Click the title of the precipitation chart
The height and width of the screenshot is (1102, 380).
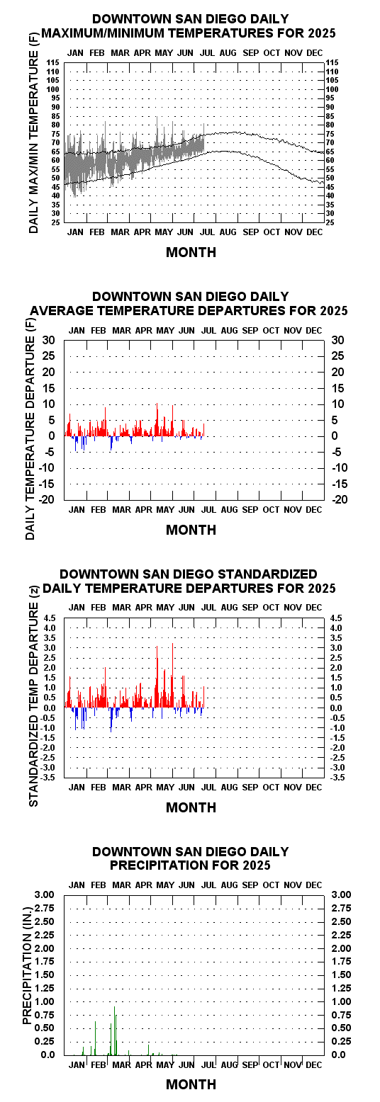tap(191, 858)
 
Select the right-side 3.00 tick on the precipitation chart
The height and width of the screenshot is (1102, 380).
tap(342, 894)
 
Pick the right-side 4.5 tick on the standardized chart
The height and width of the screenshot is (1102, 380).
tap(336, 618)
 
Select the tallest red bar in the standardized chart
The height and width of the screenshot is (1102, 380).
tap(172, 676)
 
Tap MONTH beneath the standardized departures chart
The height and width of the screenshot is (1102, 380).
tap(191, 807)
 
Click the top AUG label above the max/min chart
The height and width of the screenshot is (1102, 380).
tap(228, 52)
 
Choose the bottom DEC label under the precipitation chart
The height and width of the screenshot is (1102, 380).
tap(313, 1064)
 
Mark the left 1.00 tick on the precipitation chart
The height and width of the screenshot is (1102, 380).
tap(45, 1001)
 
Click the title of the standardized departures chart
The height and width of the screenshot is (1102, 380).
tap(189, 581)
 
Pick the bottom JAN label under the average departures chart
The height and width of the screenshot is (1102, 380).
tap(77, 510)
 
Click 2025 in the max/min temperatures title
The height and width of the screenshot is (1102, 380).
tap(322, 33)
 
